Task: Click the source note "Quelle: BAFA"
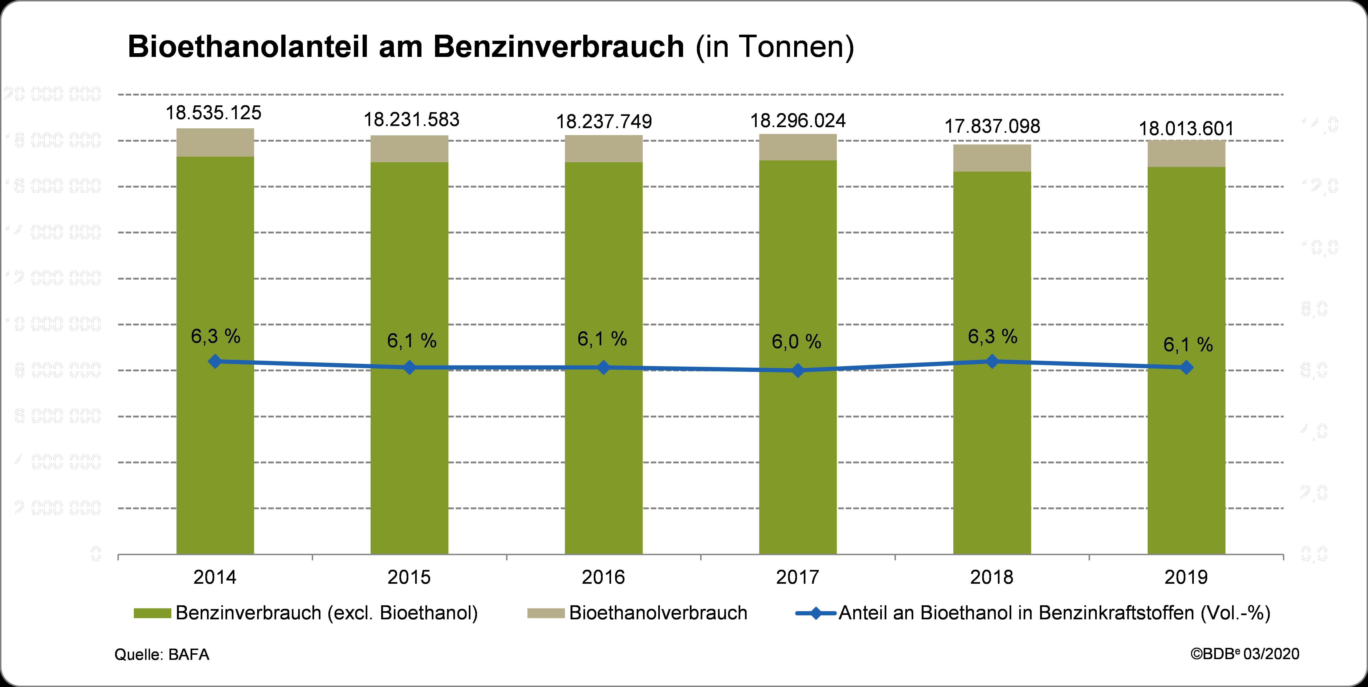[162, 655]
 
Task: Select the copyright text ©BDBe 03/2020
[1244, 654]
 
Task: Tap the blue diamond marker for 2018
[992, 361]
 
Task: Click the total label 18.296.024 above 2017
[798, 121]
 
